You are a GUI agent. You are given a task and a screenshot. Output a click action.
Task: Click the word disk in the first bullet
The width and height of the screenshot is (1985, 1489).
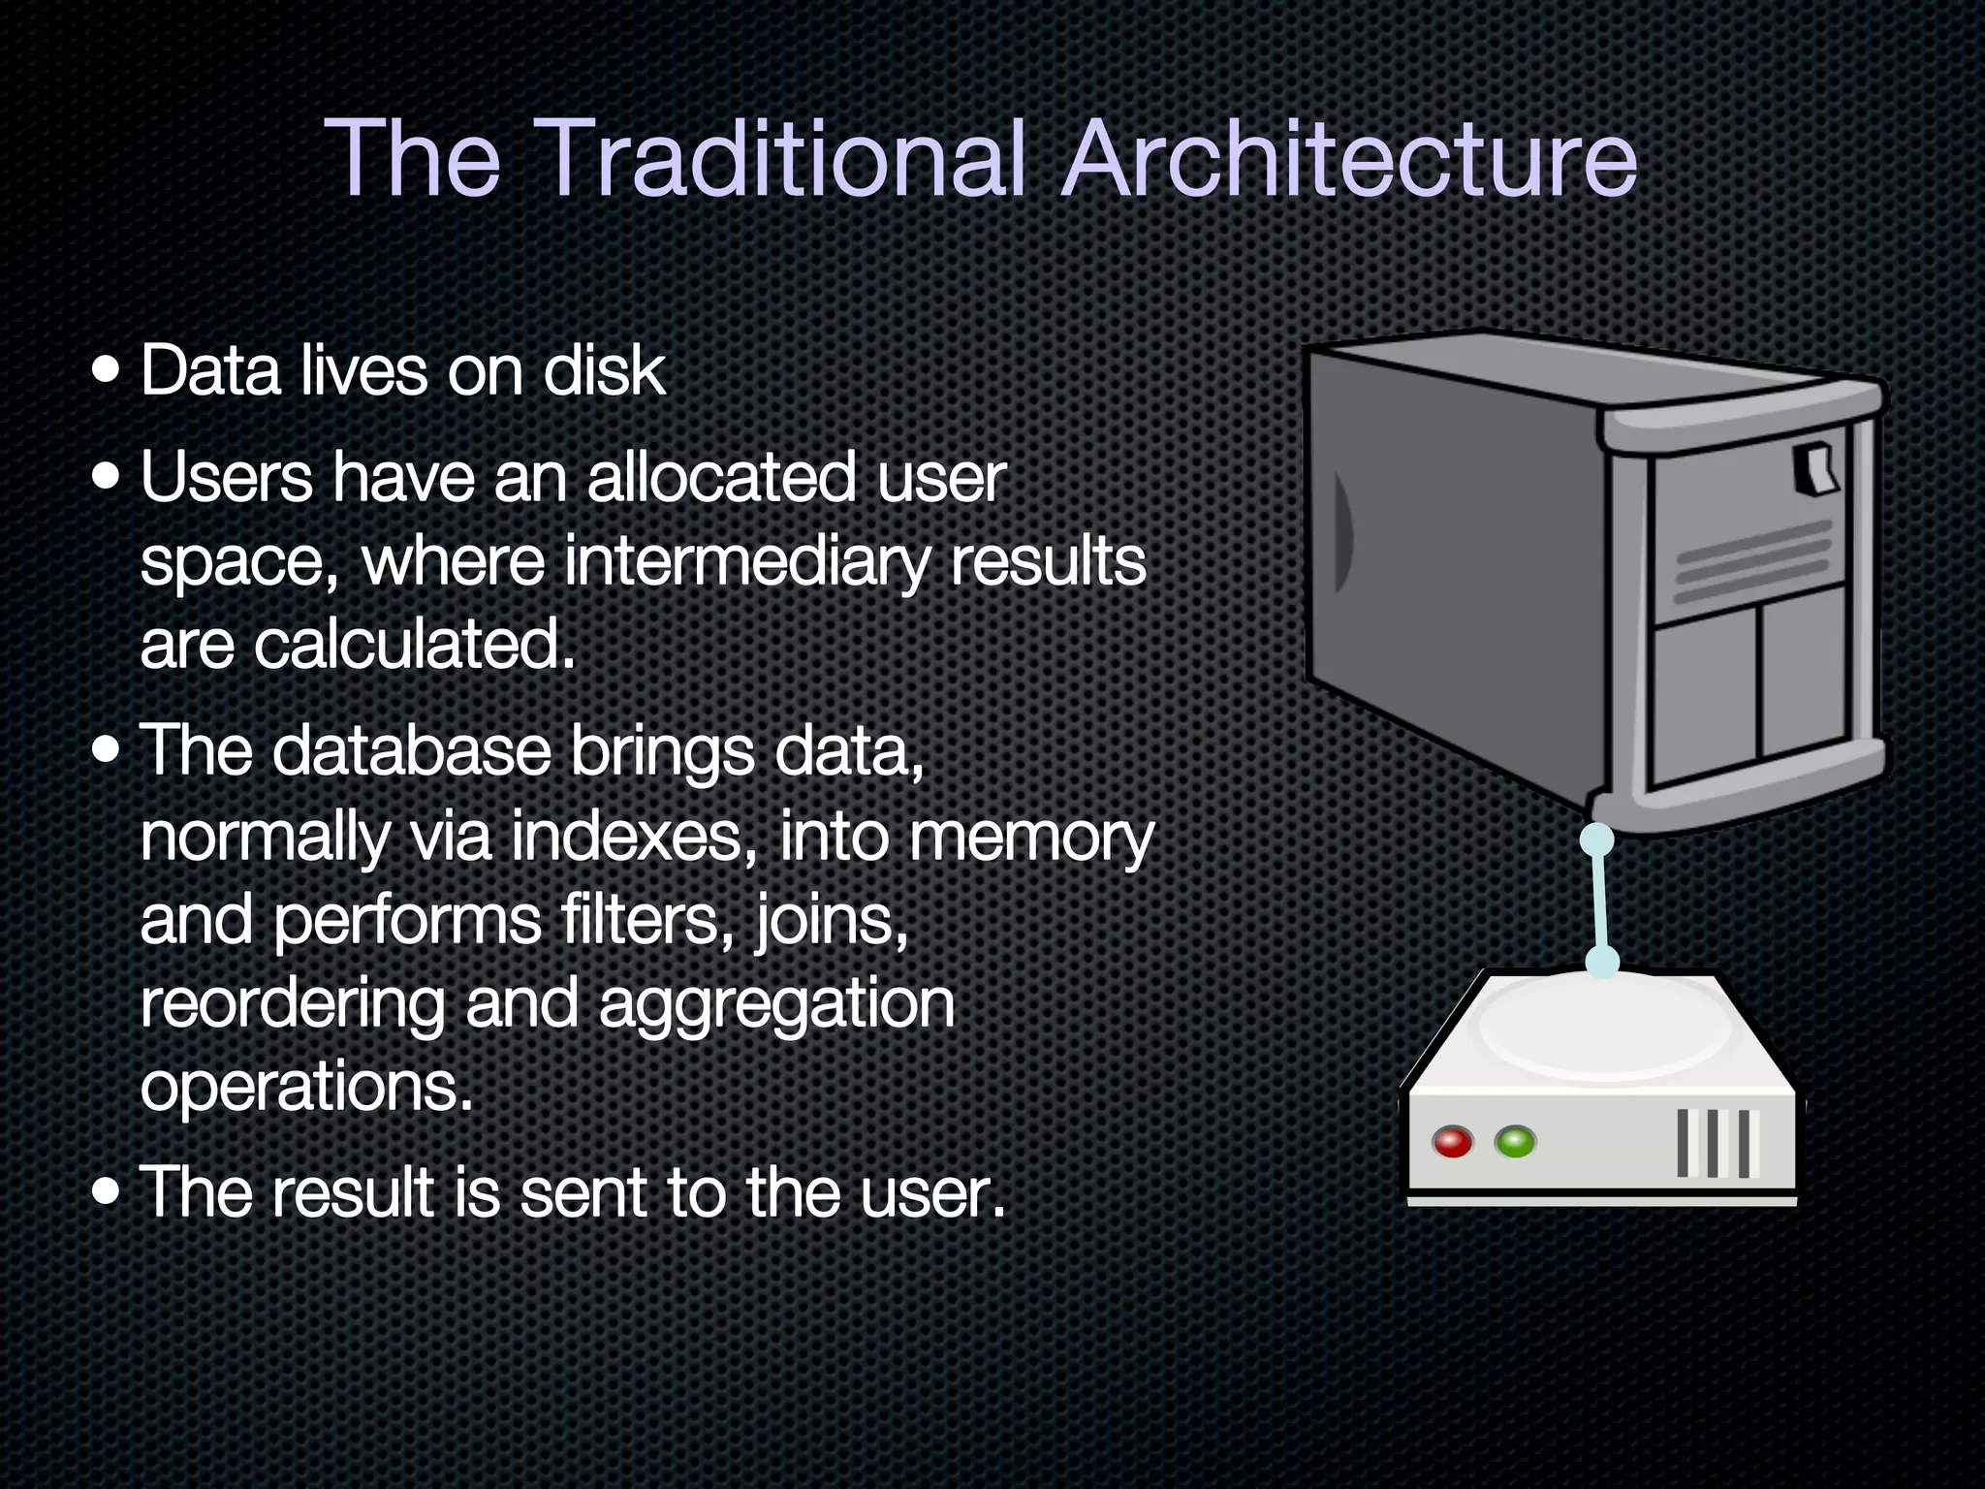pos(604,371)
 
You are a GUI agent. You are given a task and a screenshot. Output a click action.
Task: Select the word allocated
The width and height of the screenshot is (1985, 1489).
pos(721,477)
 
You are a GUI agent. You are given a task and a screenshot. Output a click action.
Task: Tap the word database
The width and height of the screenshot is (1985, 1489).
pos(412,751)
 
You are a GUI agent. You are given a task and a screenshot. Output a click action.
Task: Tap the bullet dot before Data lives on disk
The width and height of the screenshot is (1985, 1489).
pos(107,370)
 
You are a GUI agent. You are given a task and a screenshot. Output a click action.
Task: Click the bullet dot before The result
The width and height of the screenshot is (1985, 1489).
pos(107,1190)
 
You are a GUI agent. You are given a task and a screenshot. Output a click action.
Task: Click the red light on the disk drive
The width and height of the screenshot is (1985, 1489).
pos(1452,1142)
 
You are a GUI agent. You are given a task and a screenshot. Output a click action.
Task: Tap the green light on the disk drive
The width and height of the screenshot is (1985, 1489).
pos(1515,1141)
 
